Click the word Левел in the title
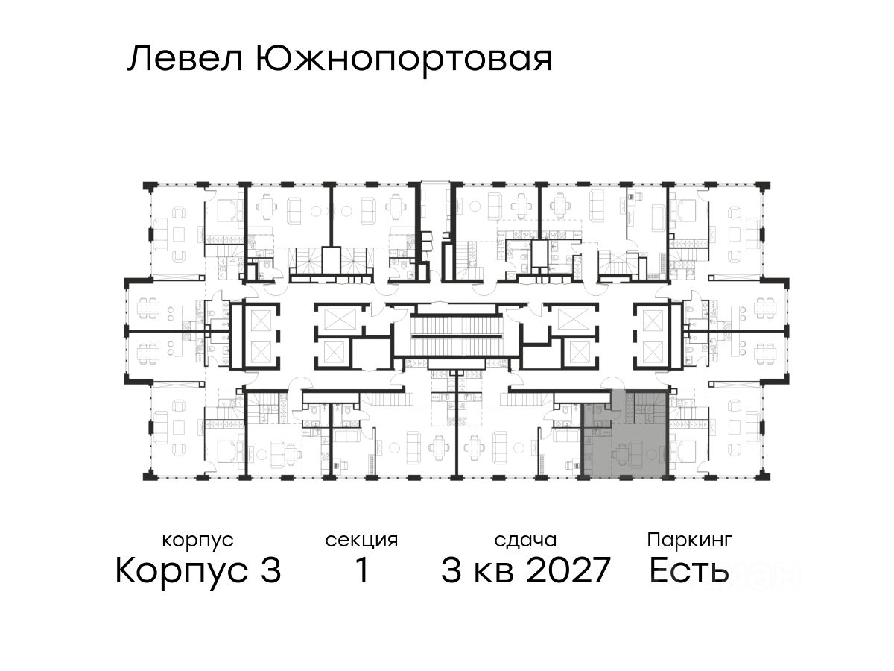click(x=186, y=59)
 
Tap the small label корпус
click(x=197, y=539)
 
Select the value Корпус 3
click(x=198, y=572)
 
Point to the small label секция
click(x=361, y=539)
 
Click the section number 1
click(x=361, y=572)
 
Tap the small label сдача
click(x=525, y=539)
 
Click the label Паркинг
click(x=689, y=539)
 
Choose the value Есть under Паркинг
click(x=688, y=572)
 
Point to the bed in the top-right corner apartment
click(x=685, y=213)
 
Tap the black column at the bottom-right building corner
click(x=763, y=474)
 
